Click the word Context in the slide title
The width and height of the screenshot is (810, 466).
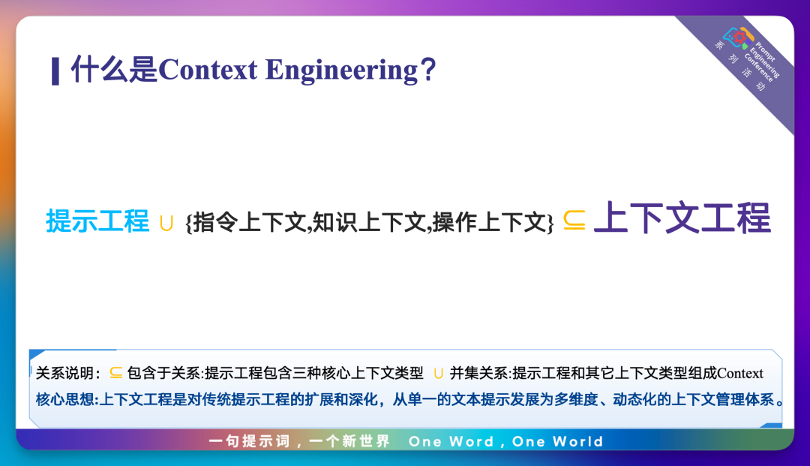[208, 70]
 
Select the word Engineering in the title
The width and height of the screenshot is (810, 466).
[341, 71]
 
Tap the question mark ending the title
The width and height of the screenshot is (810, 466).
[428, 70]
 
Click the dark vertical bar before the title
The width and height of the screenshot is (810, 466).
[55, 71]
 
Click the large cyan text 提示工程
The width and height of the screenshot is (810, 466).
[97, 221]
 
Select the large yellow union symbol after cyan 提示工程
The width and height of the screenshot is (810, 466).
[166, 223]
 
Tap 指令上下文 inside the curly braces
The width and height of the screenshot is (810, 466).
[250, 223]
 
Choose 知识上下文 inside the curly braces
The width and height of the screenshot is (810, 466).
[369, 223]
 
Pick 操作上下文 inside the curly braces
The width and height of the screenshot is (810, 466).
[489, 223]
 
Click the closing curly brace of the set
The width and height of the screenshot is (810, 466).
[550, 223]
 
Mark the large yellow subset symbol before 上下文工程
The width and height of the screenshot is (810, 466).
[574, 220]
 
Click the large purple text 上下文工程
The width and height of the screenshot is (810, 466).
[682, 218]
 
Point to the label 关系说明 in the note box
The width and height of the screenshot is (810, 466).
[64, 373]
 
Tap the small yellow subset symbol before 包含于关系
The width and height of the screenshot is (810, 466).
[115, 372]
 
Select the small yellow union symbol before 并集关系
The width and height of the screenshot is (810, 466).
[439, 374]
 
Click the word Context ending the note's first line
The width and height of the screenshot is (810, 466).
[740, 373]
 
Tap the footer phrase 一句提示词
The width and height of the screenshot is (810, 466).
[250, 441]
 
